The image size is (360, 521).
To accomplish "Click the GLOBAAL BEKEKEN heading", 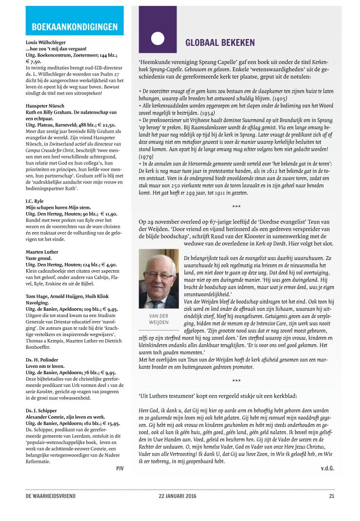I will pyautogui.click(x=220, y=43).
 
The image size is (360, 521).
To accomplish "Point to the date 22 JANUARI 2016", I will pyautogui.click(x=179, y=496).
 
